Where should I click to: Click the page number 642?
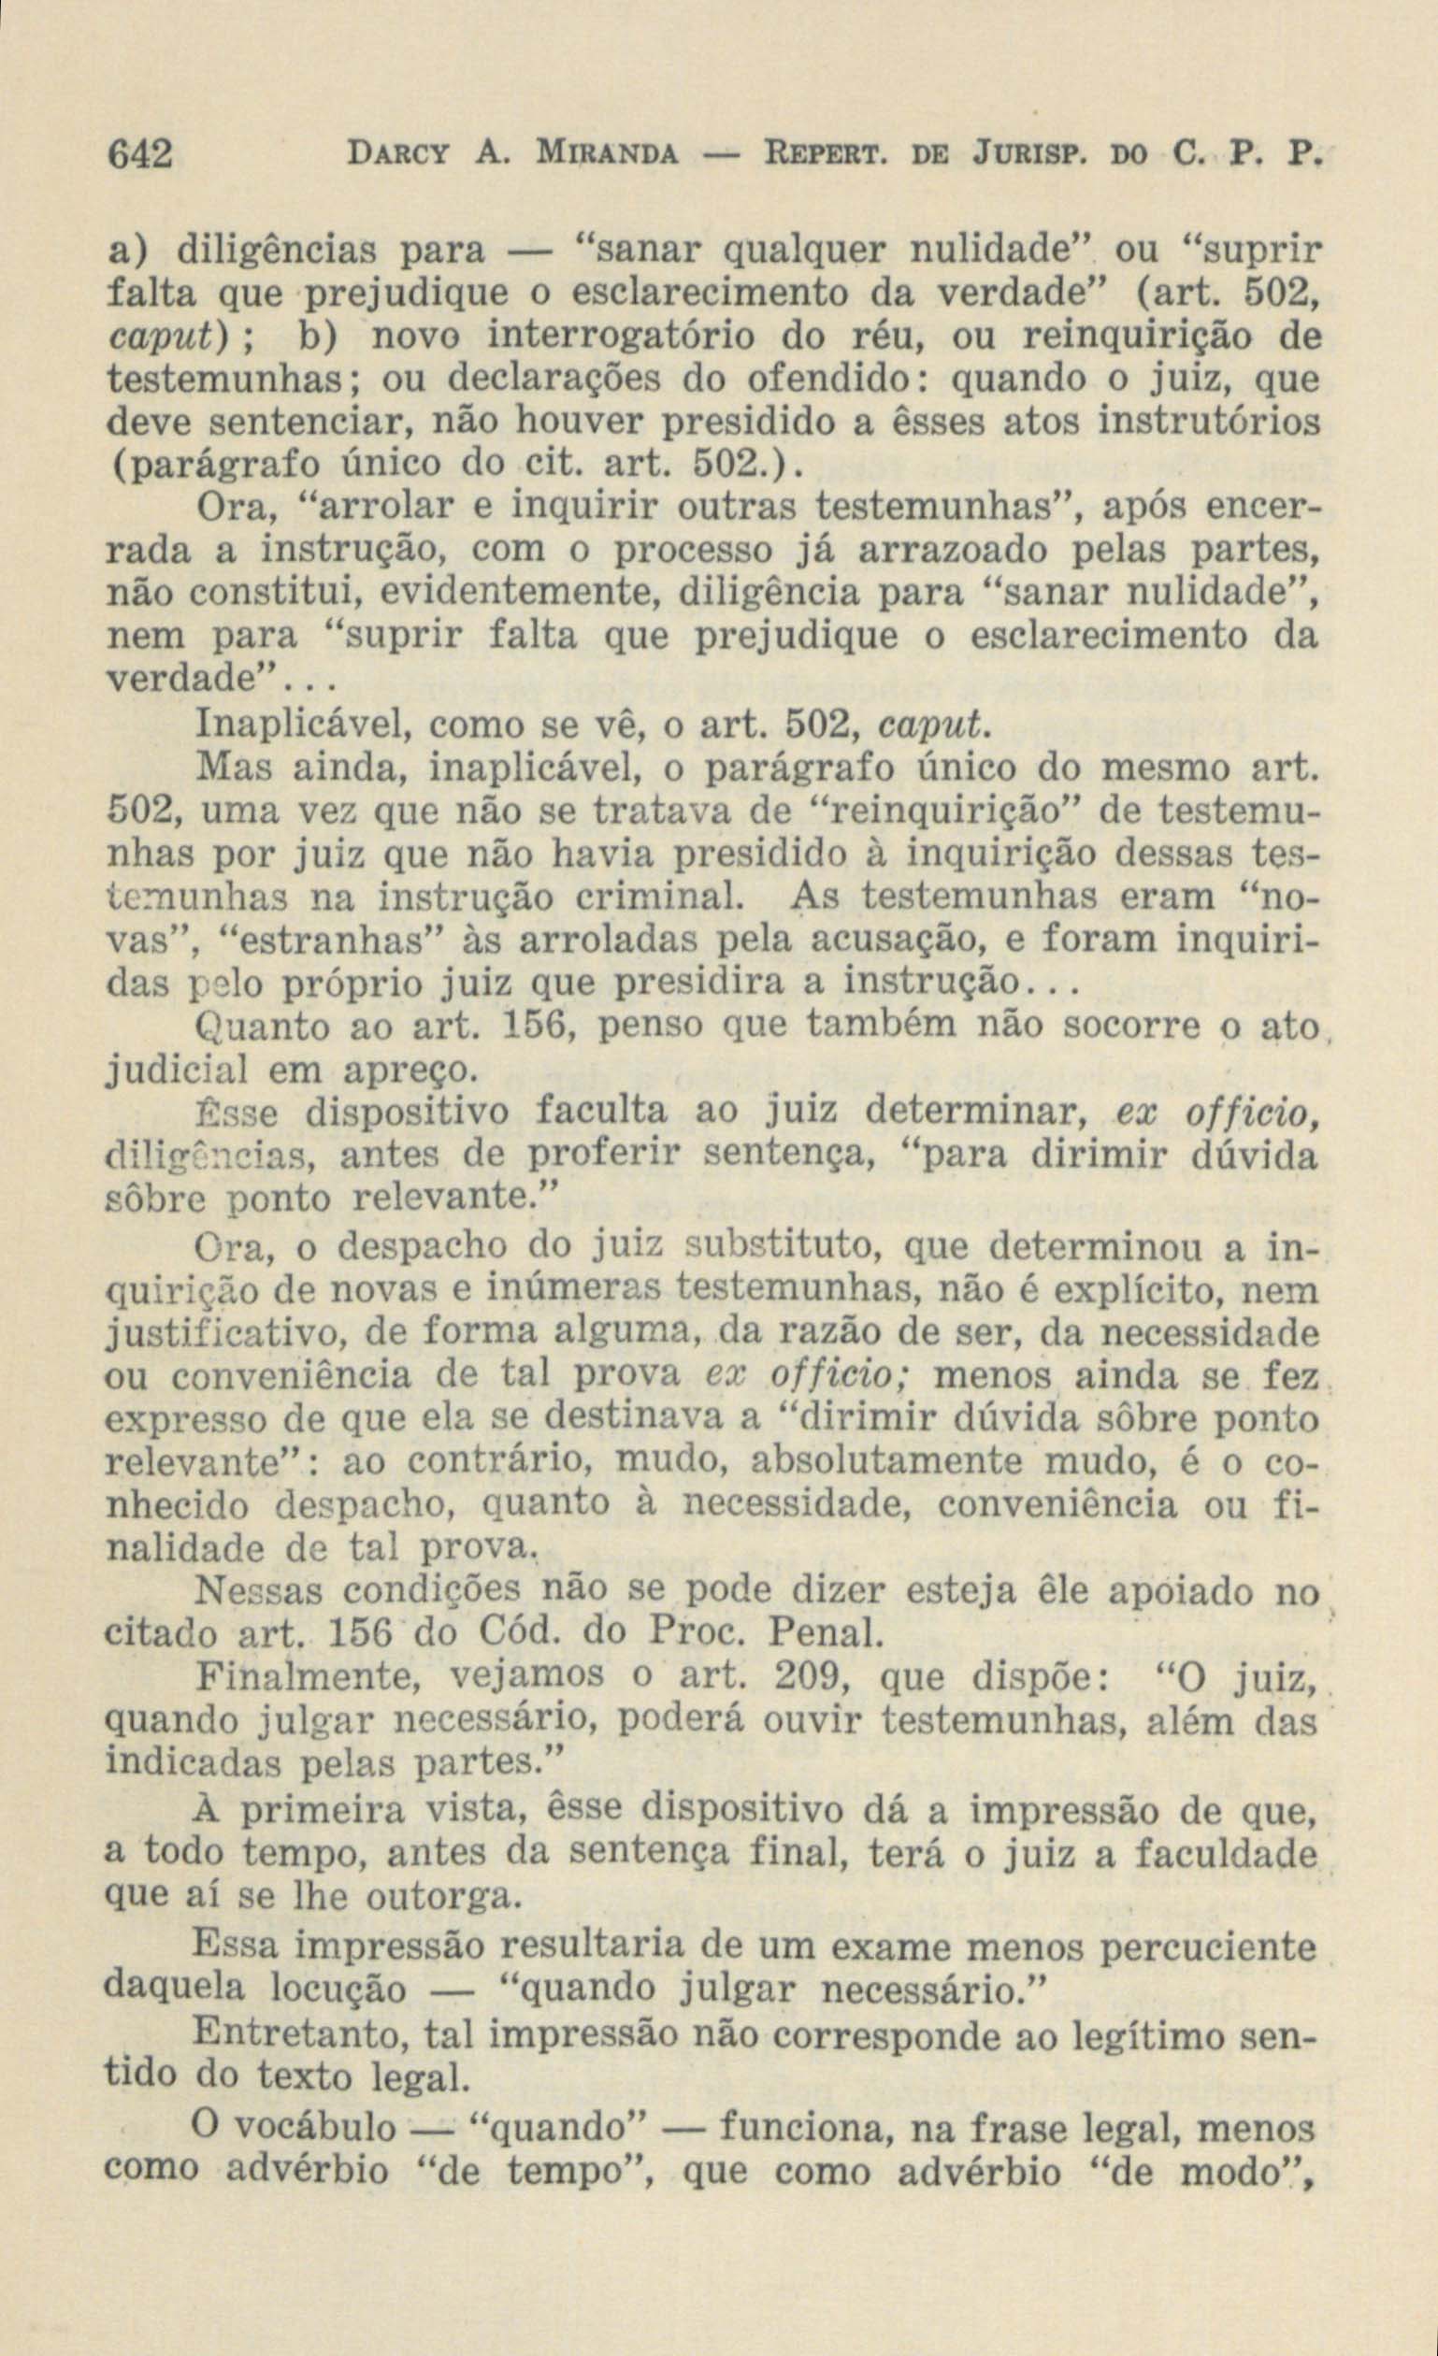point(138,153)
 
